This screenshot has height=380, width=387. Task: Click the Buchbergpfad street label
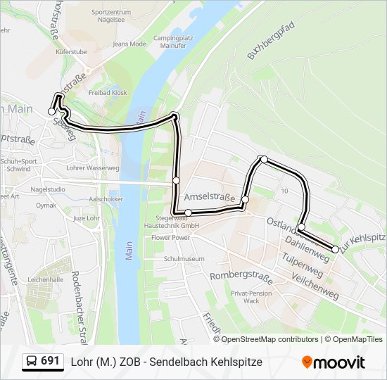point(270,43)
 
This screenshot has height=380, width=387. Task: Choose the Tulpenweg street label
point(302,266)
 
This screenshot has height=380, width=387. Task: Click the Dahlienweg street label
point(307,250)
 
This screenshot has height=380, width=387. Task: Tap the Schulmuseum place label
point(184,258)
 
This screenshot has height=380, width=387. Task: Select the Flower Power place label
point(171,238)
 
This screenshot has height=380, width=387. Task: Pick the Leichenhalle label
point(46,279)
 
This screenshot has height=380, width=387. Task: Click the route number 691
point(51,361)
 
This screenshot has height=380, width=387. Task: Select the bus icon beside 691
point(32,362)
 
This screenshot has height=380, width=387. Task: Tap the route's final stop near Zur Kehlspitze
point(336,250)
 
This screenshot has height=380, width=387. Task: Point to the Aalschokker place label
point(107,199)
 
